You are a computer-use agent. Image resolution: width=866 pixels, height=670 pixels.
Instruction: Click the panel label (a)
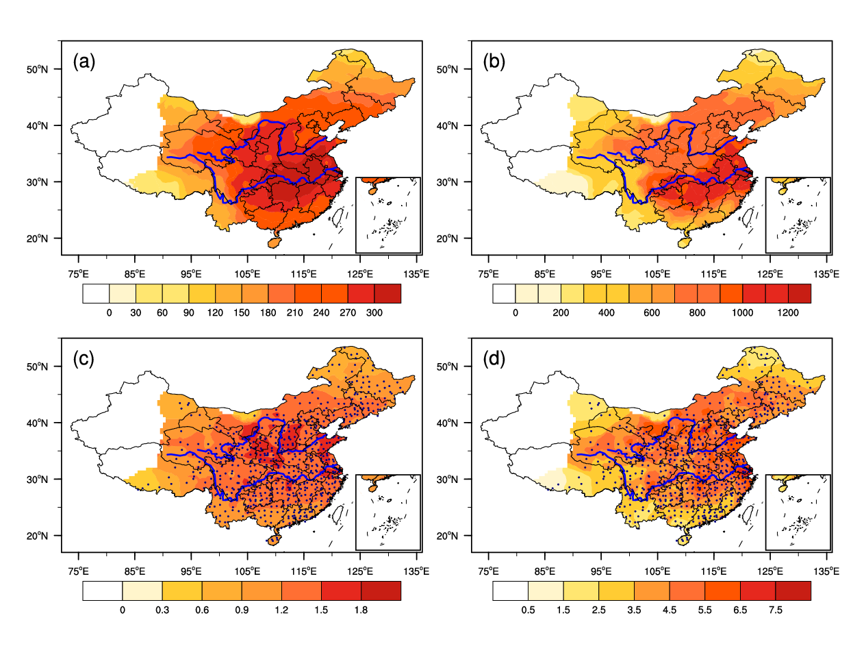coord(84,62)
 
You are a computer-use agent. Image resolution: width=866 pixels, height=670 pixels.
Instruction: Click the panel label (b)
coord(494,62)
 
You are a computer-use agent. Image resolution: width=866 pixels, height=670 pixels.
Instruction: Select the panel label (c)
coord(84,359)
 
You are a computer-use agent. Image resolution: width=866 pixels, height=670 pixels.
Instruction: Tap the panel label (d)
coord(494,359)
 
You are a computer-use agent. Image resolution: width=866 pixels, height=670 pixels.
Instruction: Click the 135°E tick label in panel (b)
coord(826,274)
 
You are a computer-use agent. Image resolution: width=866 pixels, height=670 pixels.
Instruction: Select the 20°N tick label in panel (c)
coord(38,536)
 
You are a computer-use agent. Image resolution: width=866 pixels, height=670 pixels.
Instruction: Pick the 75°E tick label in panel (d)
coord(488,571)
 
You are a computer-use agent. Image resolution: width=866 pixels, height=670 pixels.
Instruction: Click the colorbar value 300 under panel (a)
coord(374,313)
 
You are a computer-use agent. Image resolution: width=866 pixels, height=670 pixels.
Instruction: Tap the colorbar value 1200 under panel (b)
coord(788,313)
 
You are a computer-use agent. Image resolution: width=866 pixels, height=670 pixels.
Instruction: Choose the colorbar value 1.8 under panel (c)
coord(361,610)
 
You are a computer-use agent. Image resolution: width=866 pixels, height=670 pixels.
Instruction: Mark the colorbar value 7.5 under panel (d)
coord(776,610)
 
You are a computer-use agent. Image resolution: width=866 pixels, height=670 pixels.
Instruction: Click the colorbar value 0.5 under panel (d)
coord(528,610)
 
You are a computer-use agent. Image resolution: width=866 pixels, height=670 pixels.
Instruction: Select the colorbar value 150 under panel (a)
coord(242,313)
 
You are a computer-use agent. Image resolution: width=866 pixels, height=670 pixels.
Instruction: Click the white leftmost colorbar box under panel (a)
coord(96,293)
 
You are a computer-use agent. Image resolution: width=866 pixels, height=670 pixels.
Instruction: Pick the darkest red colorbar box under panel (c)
coord(381,591)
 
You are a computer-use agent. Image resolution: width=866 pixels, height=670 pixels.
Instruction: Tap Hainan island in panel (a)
coord(274,240)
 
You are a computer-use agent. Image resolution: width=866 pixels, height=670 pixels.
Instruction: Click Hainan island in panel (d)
coord(684,538)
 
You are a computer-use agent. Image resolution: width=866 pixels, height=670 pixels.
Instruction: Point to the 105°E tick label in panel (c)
coord(247,571)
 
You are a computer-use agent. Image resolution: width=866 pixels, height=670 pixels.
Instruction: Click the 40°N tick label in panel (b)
coord(448,126)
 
